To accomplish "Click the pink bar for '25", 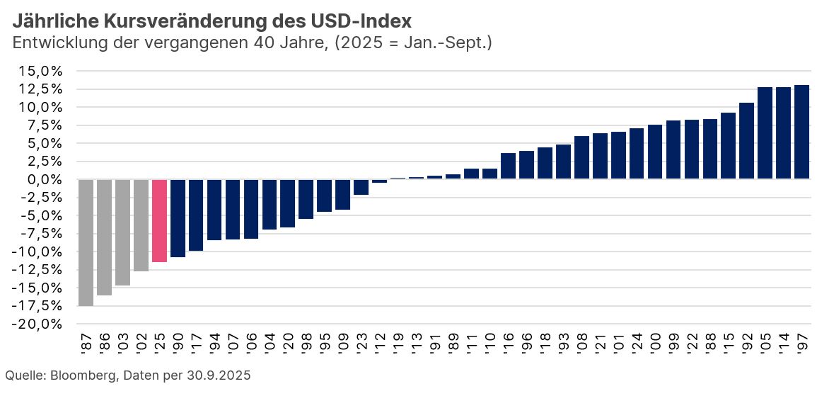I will point(160,220).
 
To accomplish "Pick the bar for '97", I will point(802,132).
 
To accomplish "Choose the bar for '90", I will point(178,218).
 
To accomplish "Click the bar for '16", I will point(509,166).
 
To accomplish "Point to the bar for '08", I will point(582,157).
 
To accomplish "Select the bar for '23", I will point(361,186).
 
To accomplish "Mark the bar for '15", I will point(729,145).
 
